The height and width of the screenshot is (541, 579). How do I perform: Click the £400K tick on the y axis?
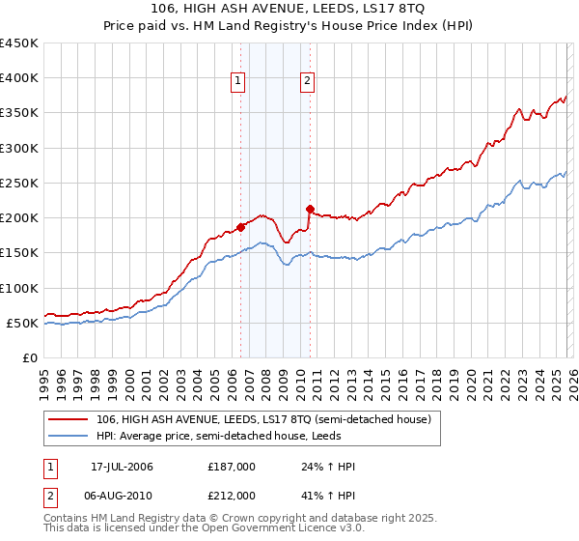point(19,78)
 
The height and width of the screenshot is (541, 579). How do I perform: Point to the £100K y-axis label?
point(19,288)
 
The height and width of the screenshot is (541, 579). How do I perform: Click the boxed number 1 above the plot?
point(238,81)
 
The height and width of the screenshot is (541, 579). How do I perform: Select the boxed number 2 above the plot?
point(308,81)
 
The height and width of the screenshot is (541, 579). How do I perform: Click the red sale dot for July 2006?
point(240,227)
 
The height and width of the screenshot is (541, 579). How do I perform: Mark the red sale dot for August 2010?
point(310,209)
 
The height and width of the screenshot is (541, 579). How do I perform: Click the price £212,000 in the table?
point(232,495)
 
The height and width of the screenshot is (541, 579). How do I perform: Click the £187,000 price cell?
point(232,467)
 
